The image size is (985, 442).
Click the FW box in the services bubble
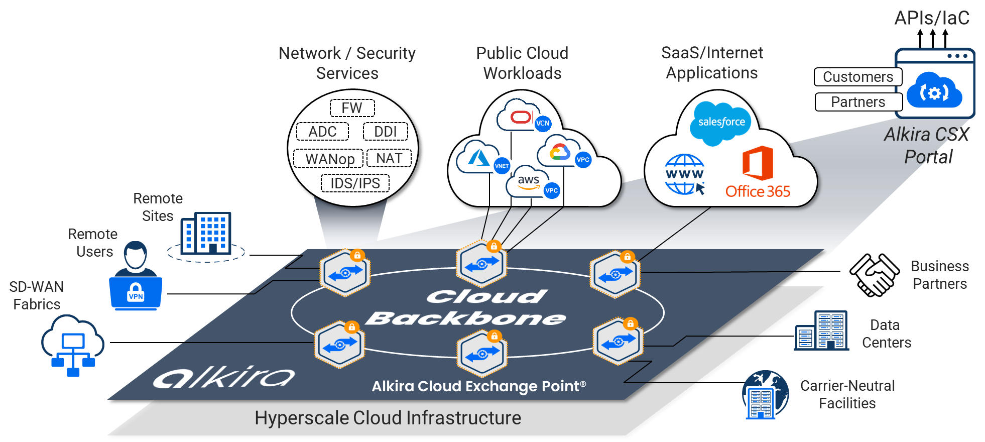click(352, 108)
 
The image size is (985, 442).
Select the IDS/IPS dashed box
click(355, 183)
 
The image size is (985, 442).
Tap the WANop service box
click(329, 159)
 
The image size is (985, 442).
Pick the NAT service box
click(389, 158)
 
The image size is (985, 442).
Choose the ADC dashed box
click(322, 132)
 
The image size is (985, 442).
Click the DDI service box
click(385, 132)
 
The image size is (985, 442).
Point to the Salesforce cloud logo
click(721, 123)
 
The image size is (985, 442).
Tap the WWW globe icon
click(685, 174)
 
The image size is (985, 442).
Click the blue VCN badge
click(543, 123)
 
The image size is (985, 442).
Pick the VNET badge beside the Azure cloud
click(502, 166)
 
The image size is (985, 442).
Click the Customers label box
click(858, 77)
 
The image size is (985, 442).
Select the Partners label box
click(858, 102)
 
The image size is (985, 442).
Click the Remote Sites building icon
click(206, 233)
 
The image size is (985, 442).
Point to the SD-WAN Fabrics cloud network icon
click(73, 345)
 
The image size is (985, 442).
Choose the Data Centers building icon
click(821, 330)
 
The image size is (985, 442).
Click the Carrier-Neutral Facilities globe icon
click(765, 395)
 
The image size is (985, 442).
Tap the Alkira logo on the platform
click(224, 377)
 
